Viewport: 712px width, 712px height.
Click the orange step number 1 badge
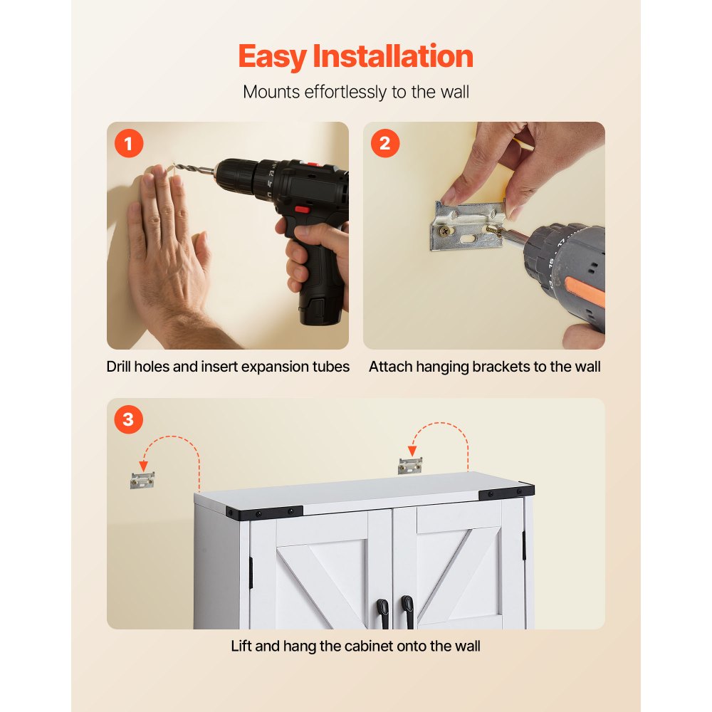(x=128, y=144)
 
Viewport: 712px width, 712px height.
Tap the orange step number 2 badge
(x=384, y=144)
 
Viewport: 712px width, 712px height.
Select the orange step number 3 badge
(x=128, y=419)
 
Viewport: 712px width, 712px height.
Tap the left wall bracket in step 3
(x=142, y=480)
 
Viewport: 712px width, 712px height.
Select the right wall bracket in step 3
(x=410, y=466)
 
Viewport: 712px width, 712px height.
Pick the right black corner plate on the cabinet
(x=506, y=492)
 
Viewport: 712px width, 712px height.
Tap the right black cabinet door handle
(x=407, y=609)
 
